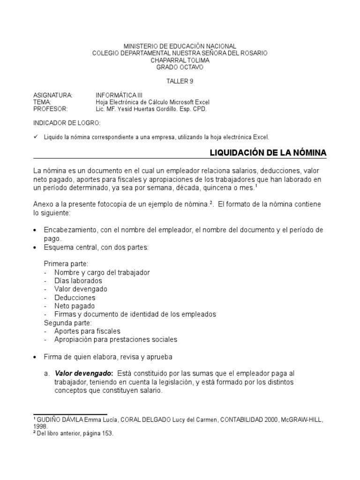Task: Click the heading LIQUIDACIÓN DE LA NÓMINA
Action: tap(267, 153)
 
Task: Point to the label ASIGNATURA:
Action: tap(52, 95)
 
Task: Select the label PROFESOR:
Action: tap(50, 109)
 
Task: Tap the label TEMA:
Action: tap(42, 102)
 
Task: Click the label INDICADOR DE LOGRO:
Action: tap(66, 123)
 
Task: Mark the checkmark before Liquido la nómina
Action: tap(36, 136)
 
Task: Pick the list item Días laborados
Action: tap(78, 281)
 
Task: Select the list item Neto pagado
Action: tap(75, 306)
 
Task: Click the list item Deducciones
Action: tap(75, 298)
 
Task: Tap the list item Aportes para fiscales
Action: tap(87, 331)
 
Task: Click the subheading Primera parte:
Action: tap(66, 264)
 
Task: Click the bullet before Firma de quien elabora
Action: tap(36, 357)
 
